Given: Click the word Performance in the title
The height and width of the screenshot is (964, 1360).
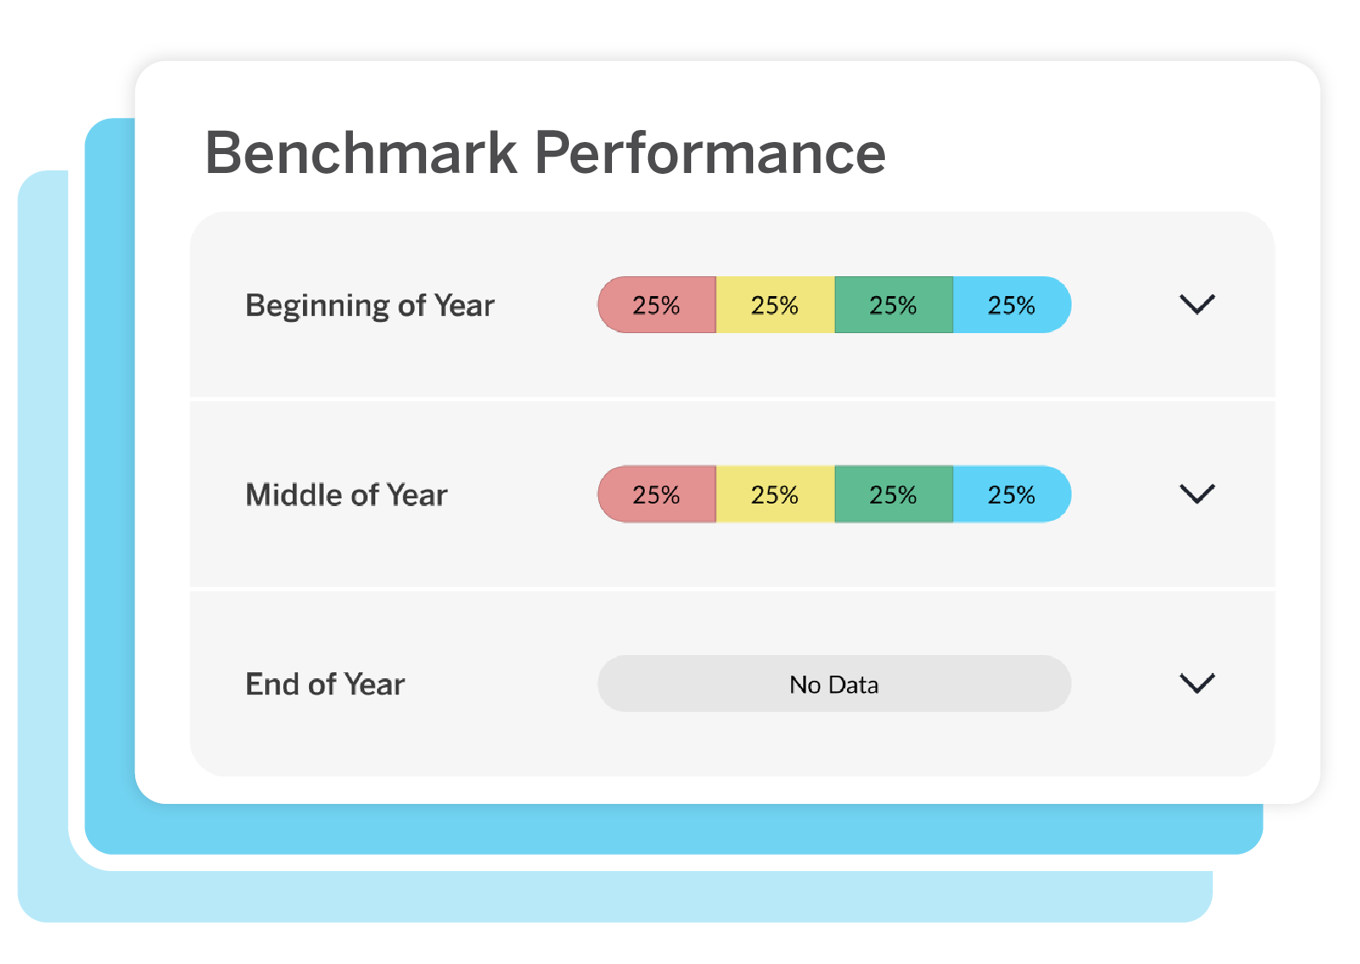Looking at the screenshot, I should point(710,153).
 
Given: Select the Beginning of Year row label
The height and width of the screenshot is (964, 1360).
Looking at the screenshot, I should point(370,306).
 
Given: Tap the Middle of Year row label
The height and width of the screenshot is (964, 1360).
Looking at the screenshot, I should point(346,495).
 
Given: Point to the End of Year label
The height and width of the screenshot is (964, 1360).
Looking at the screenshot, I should point(325,684).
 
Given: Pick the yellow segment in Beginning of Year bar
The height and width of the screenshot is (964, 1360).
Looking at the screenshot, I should point(775,305).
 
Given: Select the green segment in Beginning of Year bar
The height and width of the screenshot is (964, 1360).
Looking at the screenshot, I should point(893,305).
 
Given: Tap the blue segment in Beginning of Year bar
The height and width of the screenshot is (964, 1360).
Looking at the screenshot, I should point(1011,305).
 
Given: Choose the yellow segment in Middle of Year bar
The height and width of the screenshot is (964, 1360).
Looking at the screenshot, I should point(775,494).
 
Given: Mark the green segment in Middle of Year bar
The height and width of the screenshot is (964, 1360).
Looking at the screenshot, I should point(893,494).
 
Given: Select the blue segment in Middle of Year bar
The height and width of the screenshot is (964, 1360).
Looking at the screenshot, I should point(1011,494).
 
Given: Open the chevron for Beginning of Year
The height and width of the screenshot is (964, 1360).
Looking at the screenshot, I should point(1196,305).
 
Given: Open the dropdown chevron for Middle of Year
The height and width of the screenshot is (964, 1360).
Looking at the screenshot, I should point(1196,494).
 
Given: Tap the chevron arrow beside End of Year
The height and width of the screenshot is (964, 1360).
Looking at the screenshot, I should point(1196,683).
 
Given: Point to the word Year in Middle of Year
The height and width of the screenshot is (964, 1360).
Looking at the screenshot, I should point(417,495).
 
